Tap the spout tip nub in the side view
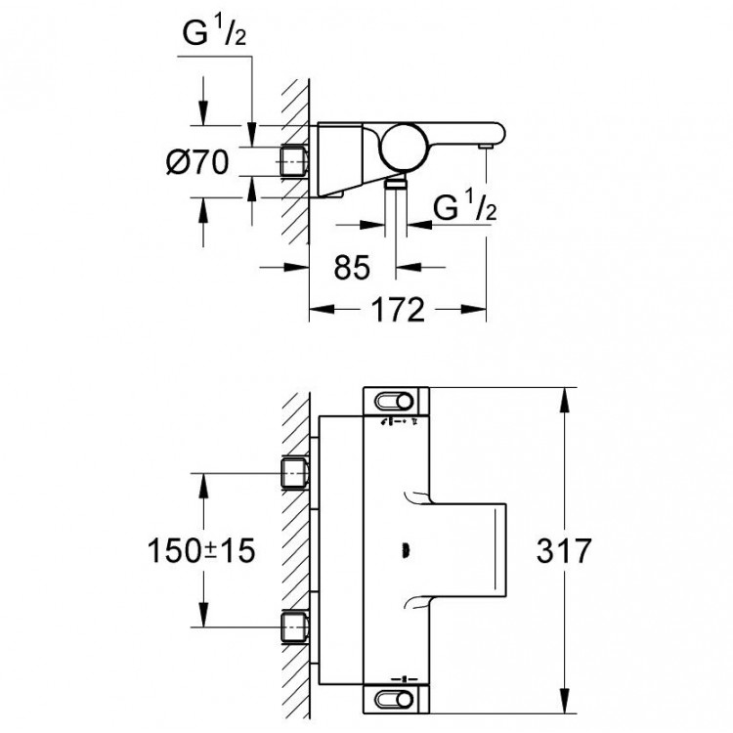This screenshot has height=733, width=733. click(484, 145)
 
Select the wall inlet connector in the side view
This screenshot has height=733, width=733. click(293, 160)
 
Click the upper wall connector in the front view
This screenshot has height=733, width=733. click(294, 474)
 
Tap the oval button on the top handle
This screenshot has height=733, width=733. click(399, 400)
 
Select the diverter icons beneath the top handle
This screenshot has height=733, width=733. click(399, 422)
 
